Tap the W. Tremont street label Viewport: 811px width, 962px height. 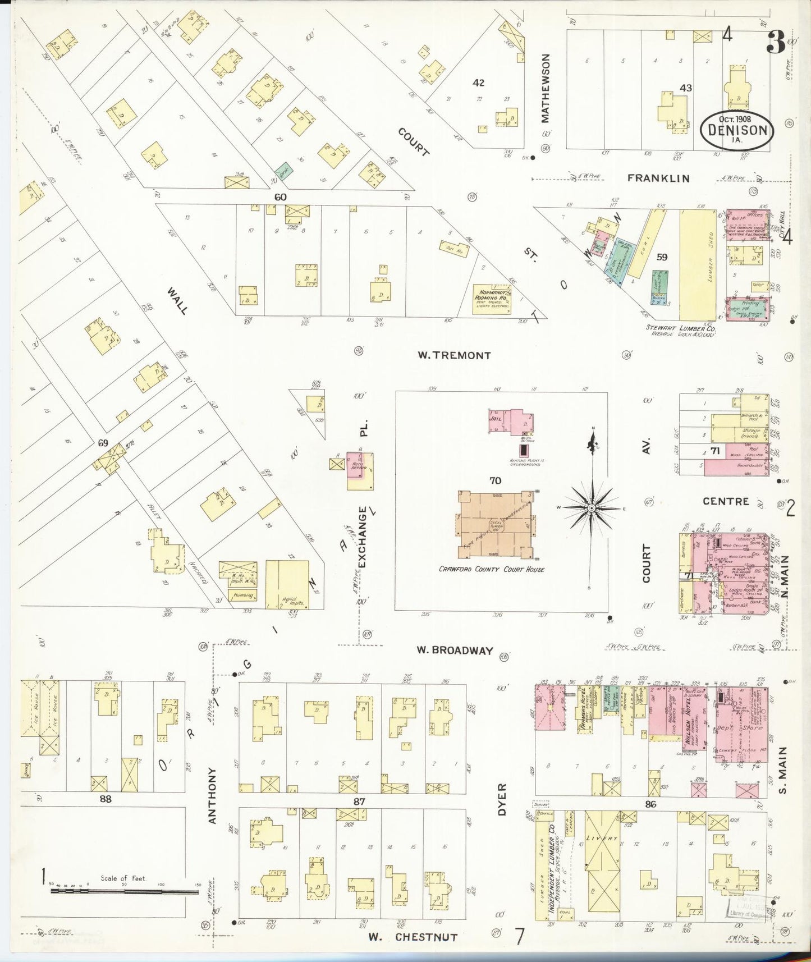click(455, 355)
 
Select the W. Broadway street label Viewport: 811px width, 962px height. click(455, 651)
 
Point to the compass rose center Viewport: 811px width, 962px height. click(592, 507)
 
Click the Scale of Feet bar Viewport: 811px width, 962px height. click(123, 891)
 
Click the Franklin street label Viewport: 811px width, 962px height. click(658, 178)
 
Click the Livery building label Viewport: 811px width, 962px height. click(602, 839)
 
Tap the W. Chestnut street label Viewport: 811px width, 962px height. click(413, 937)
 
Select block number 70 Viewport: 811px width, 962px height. click(495, 480)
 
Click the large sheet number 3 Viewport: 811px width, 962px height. click(776, 42)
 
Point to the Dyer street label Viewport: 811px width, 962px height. click(502, 799)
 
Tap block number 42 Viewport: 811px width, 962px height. click(478, 83)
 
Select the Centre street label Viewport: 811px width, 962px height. click(726, 501)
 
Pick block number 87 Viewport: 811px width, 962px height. click(359, 801)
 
